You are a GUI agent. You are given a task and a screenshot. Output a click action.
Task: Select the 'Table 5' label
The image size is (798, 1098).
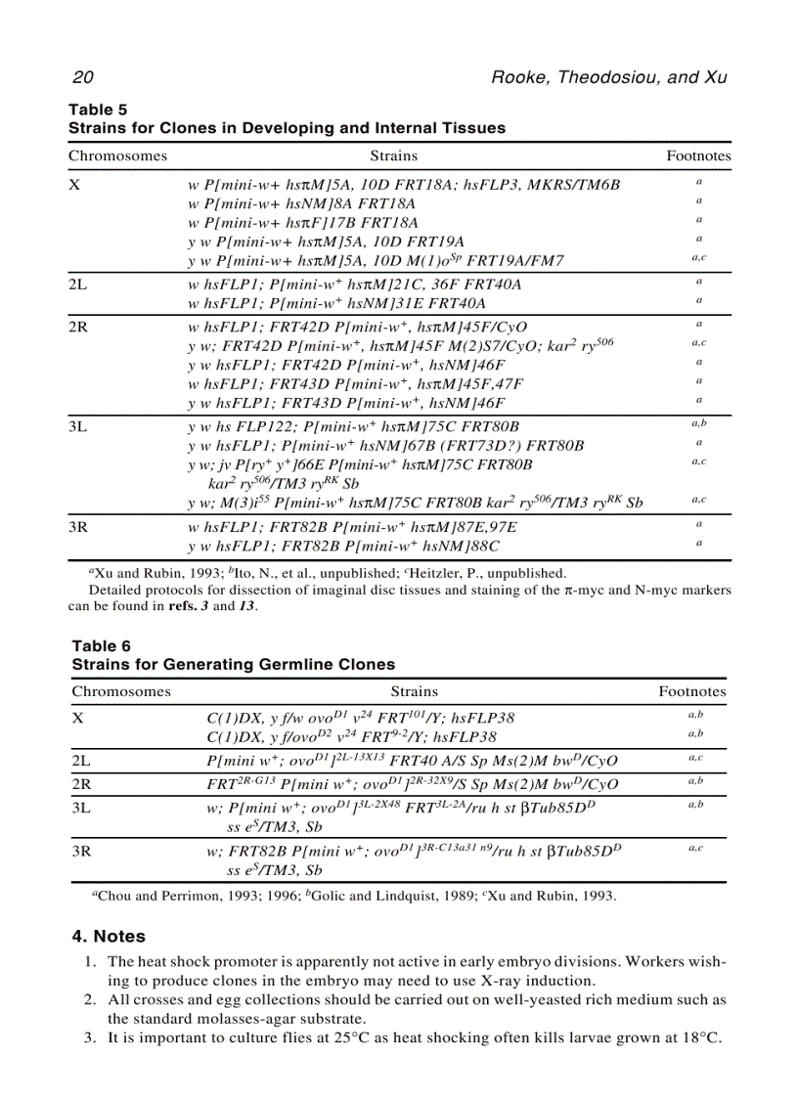pos(97,110)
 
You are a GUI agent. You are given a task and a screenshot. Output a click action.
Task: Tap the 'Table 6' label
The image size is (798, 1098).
pos(101,646)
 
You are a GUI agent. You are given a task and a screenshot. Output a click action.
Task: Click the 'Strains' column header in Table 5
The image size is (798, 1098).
pos(393,155)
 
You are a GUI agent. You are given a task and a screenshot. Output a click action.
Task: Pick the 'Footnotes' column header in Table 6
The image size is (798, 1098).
pos(692,691)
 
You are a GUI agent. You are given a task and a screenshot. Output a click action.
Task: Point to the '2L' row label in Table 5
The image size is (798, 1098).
pos(78,284)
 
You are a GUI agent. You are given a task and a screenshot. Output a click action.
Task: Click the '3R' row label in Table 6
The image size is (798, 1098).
pos(83,851)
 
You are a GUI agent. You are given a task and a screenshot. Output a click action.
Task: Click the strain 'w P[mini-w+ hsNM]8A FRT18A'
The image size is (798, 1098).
pos(301,203)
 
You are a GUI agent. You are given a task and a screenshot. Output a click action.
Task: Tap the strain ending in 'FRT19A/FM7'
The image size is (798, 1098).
pos(376,260)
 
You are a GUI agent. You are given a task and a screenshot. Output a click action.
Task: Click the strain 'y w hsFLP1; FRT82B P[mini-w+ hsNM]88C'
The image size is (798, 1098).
pos(343,546)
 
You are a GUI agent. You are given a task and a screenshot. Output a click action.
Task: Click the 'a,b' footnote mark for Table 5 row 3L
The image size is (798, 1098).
pos(698,424)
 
